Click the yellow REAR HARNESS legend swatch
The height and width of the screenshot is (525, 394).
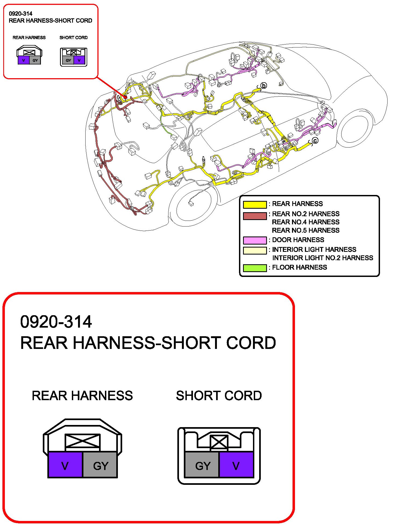pyautogui.click(x=255, y=204)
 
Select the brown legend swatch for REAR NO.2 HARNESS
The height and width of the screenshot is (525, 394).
pyautogui.click(x=255, y=216)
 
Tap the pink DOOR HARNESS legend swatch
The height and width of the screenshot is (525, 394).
pyautogui.click(x=255, y=240)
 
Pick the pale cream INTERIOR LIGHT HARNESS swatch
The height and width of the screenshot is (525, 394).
pyautogui.click(x=255, y=250)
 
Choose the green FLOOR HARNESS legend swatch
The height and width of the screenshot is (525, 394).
pyautogui.click(x=255, y=268)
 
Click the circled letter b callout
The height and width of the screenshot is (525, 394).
pyautogui.click(x=264, y=86)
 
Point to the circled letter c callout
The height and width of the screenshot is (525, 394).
pyautogui.click(x=315, y=140)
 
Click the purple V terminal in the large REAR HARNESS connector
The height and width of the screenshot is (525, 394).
pyautogui.click(x=65, y=465)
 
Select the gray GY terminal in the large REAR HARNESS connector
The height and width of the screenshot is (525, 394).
pyautogui.click(x=100, y=465)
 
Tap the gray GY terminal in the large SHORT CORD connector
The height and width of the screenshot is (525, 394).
pyautogui.click(x=202, y=465)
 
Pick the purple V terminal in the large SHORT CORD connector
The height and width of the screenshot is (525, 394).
pyautogui.click(x=236, y=465)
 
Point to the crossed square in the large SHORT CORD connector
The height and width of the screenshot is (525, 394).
pyautogui.click(x=219, y=442)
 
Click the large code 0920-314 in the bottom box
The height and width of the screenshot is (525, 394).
pyautogui.click(x=56, y=322)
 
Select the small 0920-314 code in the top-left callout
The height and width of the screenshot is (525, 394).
pyautogui.click(x=20, y=13)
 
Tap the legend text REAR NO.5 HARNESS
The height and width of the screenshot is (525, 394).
pyautogui.click(x=305, y=230)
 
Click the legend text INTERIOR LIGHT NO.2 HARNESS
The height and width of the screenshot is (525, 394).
pyautogui.click(x=322, y=258)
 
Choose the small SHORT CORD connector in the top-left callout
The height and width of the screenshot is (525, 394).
pyautogui.click(x=73, y=57)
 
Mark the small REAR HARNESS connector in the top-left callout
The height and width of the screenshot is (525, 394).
pyautogui.click(x=29, y=56)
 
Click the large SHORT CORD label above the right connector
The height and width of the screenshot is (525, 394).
pyautogui.click(x=219, y=396)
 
